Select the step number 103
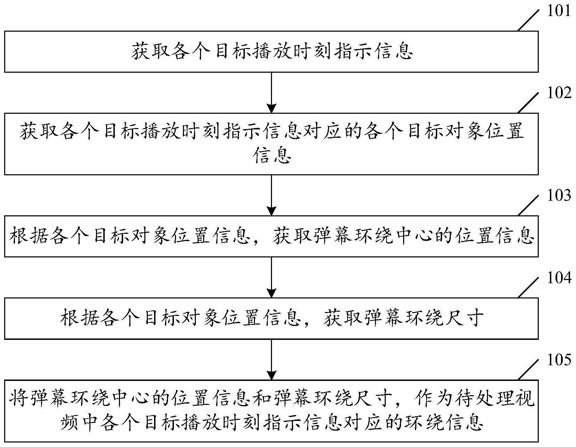coord(559,195)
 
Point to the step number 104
coord(559,278)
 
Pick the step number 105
coord(559,360)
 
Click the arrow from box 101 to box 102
coord(271,92)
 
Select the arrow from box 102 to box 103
coord(271,195)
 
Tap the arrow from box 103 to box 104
coord(271,277)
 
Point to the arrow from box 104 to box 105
coord(271,359)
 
